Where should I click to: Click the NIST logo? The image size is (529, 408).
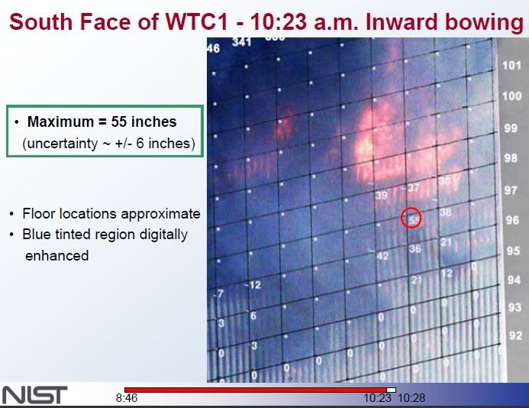coord(35,395)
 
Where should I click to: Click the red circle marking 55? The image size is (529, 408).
coord(411,219)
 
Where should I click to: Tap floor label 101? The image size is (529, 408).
coord(511,66)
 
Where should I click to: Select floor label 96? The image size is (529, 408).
coord(512,221)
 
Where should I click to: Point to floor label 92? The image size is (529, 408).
coord(515,335)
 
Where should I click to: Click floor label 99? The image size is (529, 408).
coord(511,128)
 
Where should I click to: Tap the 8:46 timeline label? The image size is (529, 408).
coord(127,399)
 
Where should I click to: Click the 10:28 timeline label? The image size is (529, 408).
coord(411,399)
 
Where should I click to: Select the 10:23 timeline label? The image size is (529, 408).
coord(377,399)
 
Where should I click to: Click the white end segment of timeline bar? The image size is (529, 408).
coord(391,390)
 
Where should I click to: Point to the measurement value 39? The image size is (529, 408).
coord(382,196)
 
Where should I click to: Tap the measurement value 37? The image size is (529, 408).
coord(413,188)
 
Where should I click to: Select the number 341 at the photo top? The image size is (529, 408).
coord(241,43)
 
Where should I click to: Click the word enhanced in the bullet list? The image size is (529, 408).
coord(56,255)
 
